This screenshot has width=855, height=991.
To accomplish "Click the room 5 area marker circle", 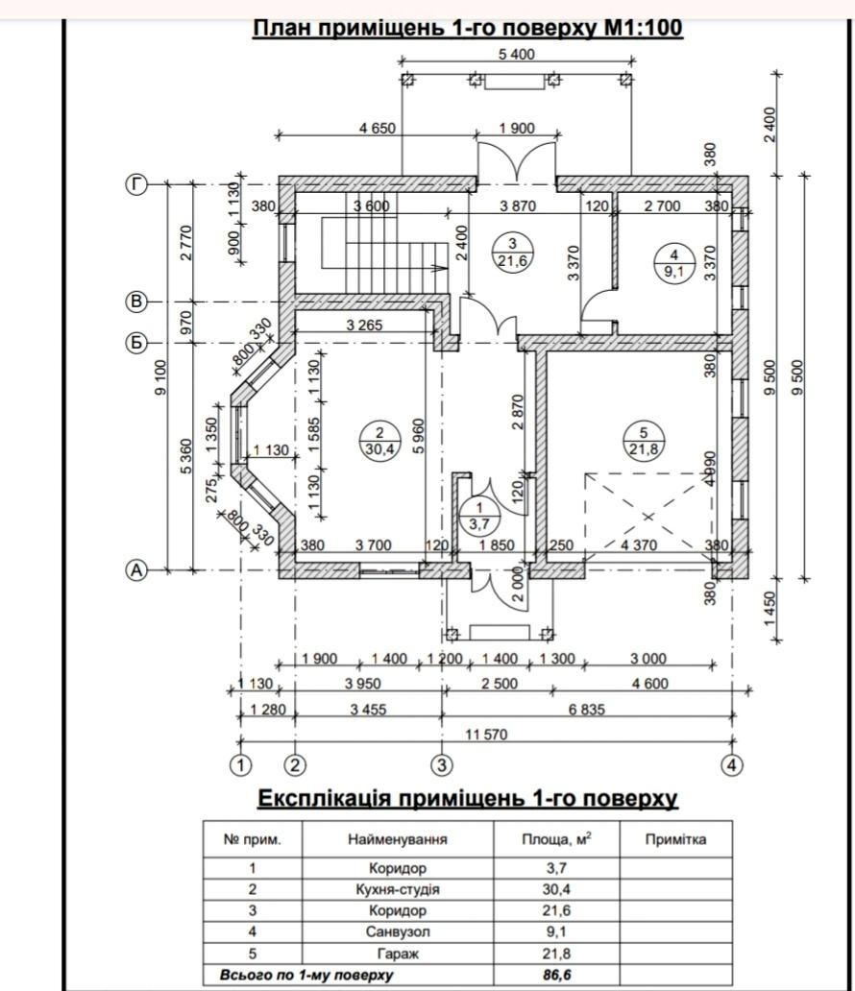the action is pyautogui.click(x=644, y=441).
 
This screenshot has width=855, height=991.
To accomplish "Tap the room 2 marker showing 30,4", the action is pyautogui.click(x=379, y=441).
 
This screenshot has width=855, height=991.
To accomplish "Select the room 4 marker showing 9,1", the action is pyautogui.click(x=673, y=264).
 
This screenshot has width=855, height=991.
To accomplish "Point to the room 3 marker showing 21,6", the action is pyautogui.click(x=512, y=253).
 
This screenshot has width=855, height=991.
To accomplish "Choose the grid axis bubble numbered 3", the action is pyautogui.click(x=442, y=765).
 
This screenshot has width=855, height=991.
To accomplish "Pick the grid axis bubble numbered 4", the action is pyautogui.click(x=732, y=765).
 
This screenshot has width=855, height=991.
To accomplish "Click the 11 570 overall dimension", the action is pyautogui.click(x=486, y=735).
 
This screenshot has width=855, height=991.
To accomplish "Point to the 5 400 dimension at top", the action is pyautogui.click(x=516, y=55).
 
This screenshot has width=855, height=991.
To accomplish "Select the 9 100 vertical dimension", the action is pyautogui.click(x=160, y=377).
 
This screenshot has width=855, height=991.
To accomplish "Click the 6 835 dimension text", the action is pyautogui.click(x=587, y=710).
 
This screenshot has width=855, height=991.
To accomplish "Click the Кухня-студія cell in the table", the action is pyautogui.click(x=398, y=889).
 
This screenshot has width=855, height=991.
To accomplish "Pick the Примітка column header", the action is pyautogui.click(x=675, y=839).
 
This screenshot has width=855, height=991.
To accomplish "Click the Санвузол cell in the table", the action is pyautogui.click(x=398, y=931).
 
